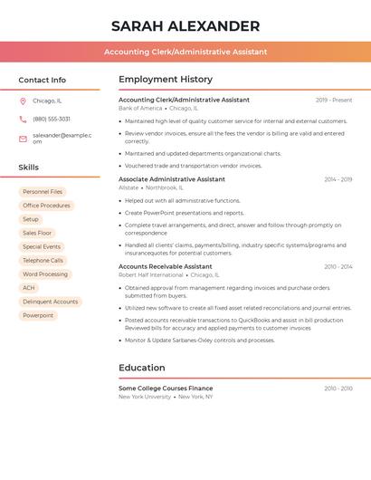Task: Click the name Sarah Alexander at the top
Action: tap(185, 26)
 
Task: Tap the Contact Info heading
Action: tap(42, 80)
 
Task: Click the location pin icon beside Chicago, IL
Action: tap(23, 101)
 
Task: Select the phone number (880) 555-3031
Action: tap(52, 119)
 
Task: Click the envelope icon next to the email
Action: tap(23, 139)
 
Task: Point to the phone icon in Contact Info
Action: tap(23, 119)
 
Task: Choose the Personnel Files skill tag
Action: tap(43, 192)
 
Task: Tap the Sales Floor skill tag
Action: tap(37, 233)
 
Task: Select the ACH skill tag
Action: tap(29, 288)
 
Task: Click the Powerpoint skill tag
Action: tap(38, 315)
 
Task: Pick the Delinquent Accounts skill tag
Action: tap(51, 302)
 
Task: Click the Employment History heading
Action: tap(166, 80)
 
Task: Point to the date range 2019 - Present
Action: tap(334, 100)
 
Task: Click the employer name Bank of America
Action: tap(140, 108)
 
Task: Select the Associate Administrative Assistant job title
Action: tap(172, 179)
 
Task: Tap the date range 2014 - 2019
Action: tap(338, 179)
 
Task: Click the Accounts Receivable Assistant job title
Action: tap(166, 266)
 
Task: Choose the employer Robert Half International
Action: tap(150, 274)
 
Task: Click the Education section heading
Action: tap(142, 368)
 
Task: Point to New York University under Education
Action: tap(145, 397)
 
